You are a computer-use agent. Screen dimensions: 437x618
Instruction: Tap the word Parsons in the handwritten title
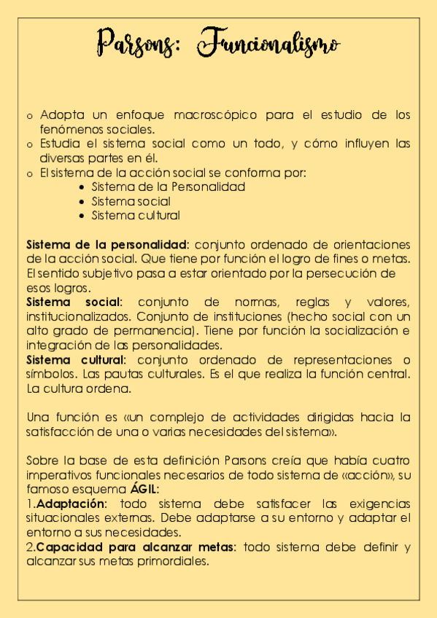(x=136, y=42)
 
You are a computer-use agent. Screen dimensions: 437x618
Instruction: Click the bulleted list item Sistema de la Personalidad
(x=168, y=187)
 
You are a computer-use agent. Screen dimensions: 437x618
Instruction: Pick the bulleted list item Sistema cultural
(x=135, y=215)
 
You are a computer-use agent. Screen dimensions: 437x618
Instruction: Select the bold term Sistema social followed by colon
(x=74, y=302)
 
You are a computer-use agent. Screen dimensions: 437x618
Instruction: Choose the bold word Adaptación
(x=71, y=504)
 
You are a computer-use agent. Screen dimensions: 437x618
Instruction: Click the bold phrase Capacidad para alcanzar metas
(x=136, y=547)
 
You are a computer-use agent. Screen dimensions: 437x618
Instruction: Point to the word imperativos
(x=58, y=475)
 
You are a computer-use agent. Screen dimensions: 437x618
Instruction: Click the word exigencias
(x=381, y=504)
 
